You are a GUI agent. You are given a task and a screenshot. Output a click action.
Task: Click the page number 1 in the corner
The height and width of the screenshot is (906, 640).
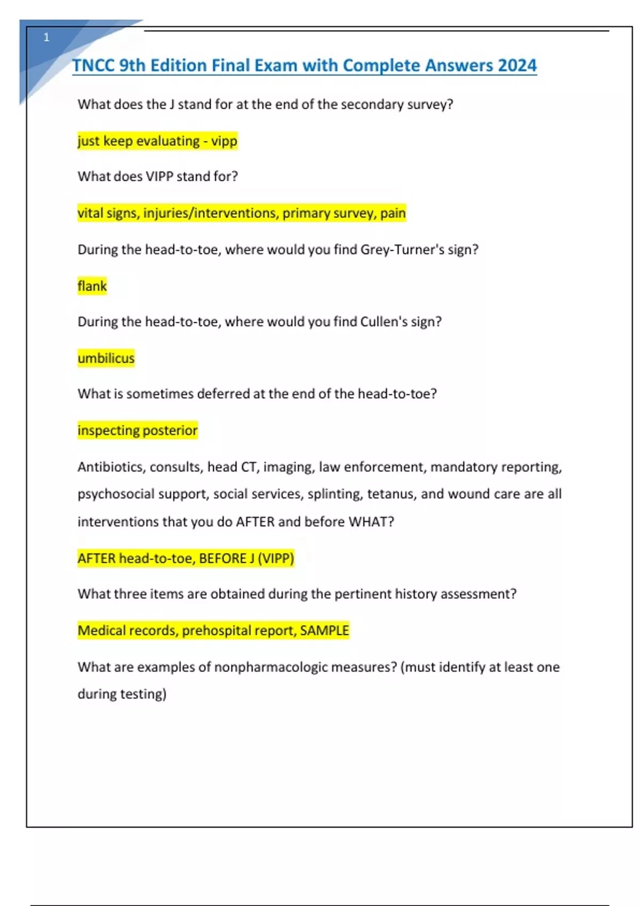[x=46, y=37]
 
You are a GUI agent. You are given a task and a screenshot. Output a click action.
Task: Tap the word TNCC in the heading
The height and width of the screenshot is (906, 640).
[x=93, y=66]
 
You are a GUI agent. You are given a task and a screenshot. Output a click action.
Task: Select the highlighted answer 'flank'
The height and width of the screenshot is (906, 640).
[x=92, y=286]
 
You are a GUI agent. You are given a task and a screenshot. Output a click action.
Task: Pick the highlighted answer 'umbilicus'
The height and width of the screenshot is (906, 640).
[x=106, y=358]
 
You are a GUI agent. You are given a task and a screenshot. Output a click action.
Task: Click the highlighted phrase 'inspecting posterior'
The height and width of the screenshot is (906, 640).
[x=138, y=430]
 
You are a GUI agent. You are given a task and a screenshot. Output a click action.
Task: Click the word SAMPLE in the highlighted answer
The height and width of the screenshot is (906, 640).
[x=324, y=630]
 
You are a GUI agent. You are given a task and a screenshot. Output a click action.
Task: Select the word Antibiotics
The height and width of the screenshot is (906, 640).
[x=111, y=467]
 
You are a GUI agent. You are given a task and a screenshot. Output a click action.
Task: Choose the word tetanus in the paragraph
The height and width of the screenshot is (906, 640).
[x=390, y=494]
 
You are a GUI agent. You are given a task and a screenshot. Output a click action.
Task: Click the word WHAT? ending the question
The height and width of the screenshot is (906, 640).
[x=371, y=522]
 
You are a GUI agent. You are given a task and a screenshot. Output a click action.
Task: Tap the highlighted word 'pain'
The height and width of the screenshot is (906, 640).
[x=393, y=213]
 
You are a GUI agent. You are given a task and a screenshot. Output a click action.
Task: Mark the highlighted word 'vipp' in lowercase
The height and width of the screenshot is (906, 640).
[x=224, y=141]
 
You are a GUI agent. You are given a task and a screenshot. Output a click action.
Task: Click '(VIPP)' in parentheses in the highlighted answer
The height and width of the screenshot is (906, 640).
[x=276, y=559]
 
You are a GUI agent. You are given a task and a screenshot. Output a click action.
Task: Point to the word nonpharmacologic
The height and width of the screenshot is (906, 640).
[x=270, y=667]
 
